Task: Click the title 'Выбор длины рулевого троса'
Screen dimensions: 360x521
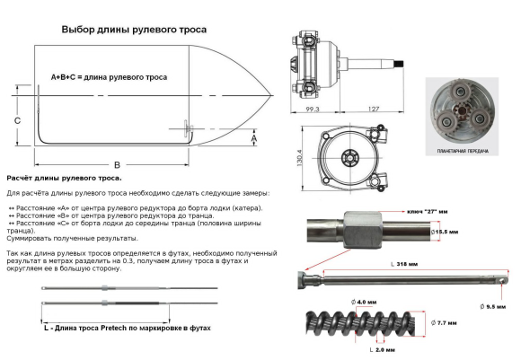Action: coord(134,30)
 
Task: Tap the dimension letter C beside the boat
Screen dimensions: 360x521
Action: coord(17,119)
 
